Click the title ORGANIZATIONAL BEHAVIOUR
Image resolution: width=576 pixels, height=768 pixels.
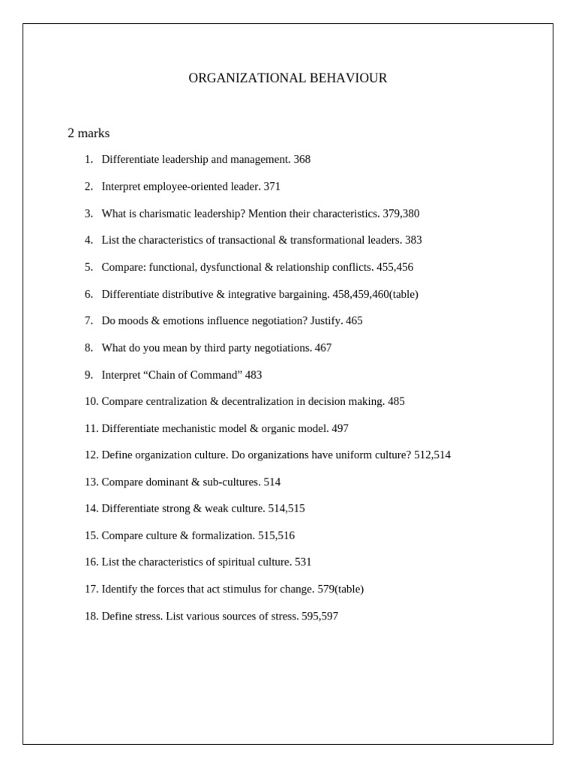pyautogui.click(x=287, y=78)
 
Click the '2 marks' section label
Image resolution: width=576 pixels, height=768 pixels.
pyautogui.click(x=88, y=133)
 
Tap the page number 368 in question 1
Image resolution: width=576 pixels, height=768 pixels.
pyautogui.click(x=301, y=160)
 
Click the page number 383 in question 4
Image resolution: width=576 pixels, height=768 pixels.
pyautogui.click(x=413, y=240)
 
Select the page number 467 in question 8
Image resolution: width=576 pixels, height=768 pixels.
pyautogui.click(x=323, y=348)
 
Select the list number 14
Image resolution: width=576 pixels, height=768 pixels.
pyautogui.click(x=91, y=508)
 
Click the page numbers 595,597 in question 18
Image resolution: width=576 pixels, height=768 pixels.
pyautogui.click(x=319, y=616)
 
